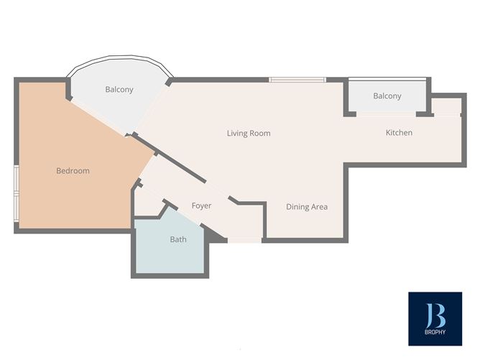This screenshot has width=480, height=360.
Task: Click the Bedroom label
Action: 73,171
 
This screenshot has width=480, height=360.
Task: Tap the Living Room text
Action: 248,133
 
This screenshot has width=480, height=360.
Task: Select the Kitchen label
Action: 399,132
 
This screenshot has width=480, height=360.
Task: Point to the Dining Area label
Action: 307,207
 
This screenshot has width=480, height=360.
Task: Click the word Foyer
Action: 201,206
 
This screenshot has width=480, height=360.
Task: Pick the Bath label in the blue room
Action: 177,239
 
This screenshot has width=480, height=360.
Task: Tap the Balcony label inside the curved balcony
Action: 119,90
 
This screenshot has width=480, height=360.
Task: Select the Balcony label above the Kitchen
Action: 387,96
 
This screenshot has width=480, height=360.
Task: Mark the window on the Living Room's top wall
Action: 297,80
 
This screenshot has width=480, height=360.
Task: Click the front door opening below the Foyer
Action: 244,240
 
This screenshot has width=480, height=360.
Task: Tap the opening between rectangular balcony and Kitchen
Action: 387,114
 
